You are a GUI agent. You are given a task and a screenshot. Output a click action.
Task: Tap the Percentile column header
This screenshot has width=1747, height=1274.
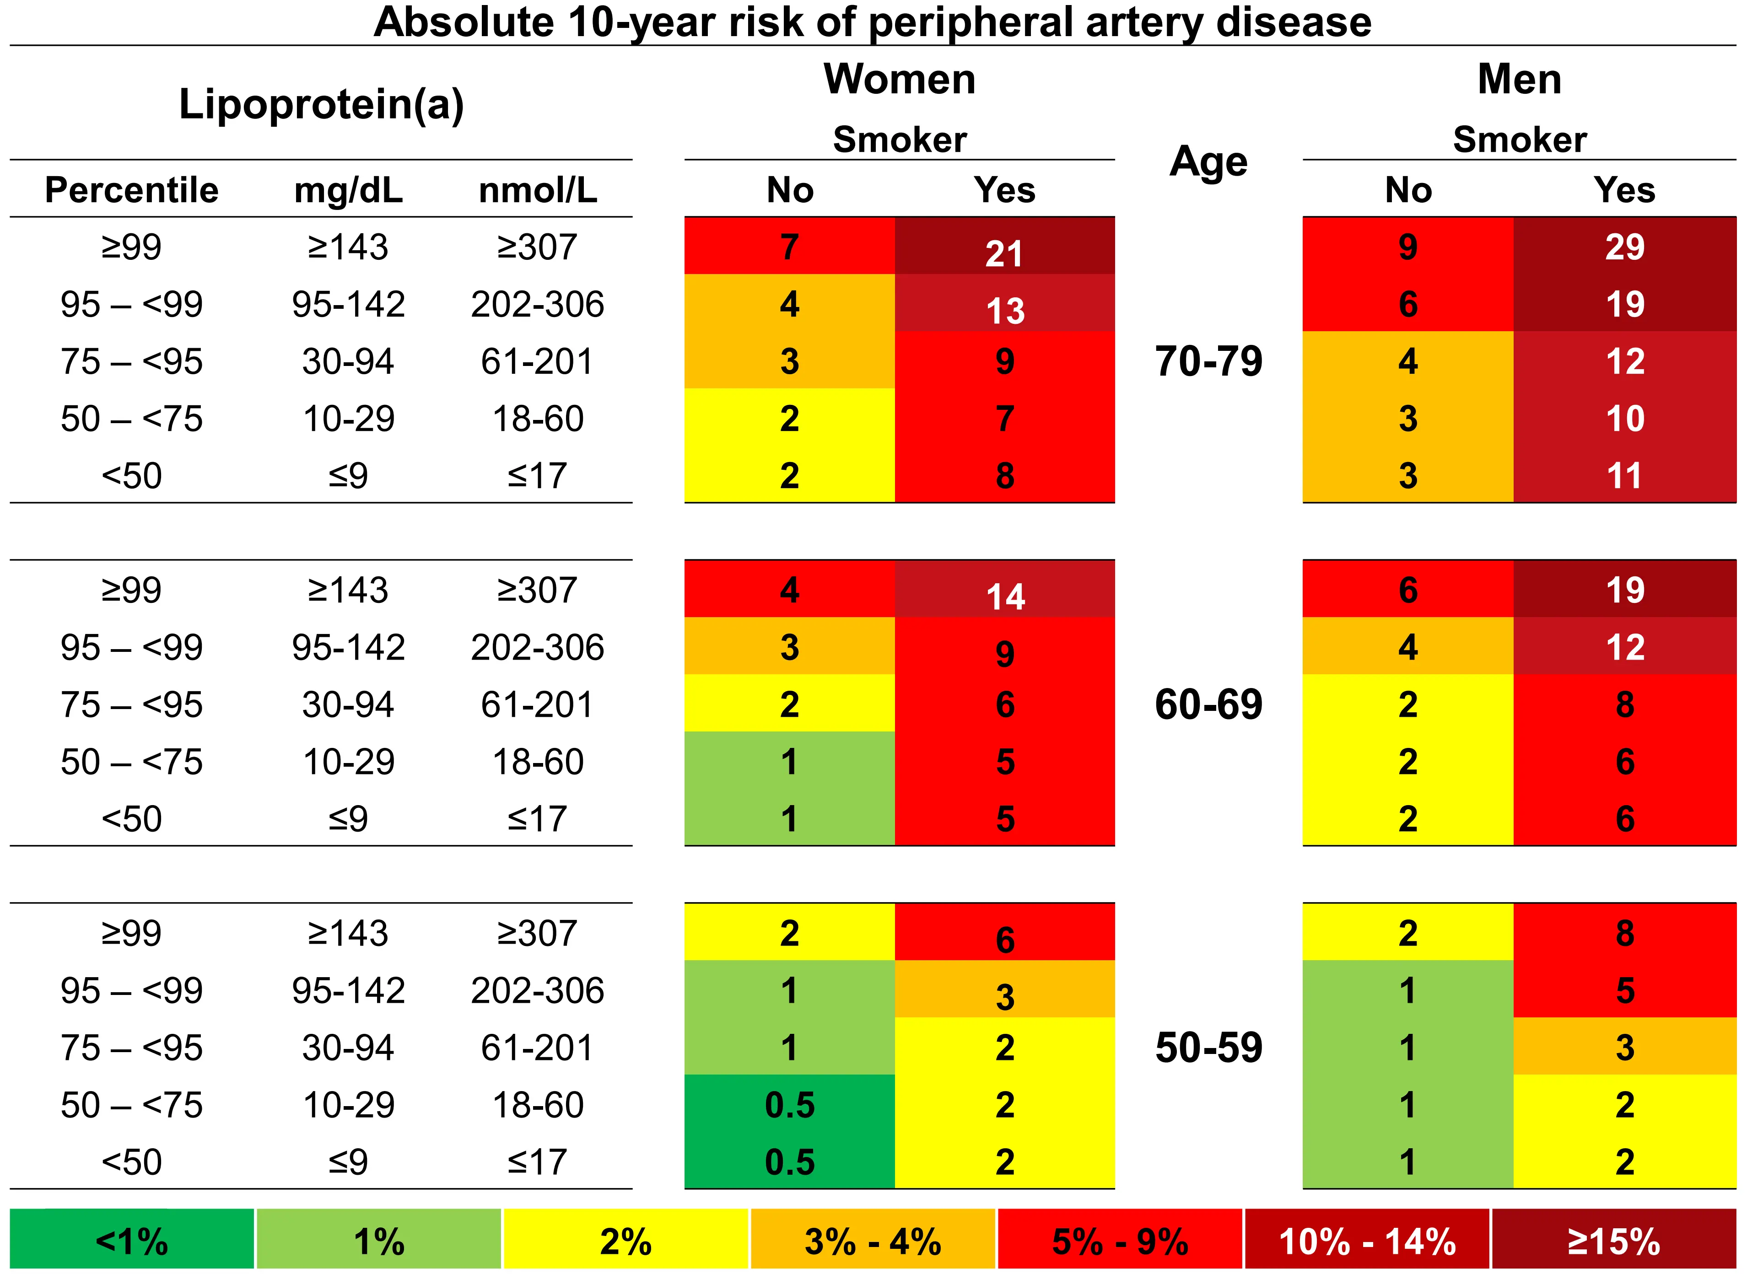132,190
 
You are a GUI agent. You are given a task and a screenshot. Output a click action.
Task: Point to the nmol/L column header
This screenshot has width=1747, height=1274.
538,190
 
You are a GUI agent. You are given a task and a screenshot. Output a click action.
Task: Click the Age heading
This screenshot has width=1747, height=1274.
1208,162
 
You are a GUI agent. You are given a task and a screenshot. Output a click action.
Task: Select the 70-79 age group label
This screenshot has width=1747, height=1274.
1208,361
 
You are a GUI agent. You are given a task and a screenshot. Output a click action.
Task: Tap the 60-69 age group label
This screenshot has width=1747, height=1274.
1208,704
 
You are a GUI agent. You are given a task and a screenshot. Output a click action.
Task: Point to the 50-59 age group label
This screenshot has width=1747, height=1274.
1208,1047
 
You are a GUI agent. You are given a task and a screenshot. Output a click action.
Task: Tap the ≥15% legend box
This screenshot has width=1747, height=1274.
1613,1242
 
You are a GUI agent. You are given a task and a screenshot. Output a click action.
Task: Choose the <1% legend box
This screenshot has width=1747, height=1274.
132,1242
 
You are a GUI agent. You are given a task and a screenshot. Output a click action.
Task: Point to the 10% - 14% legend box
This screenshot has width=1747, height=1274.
1367,1242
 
